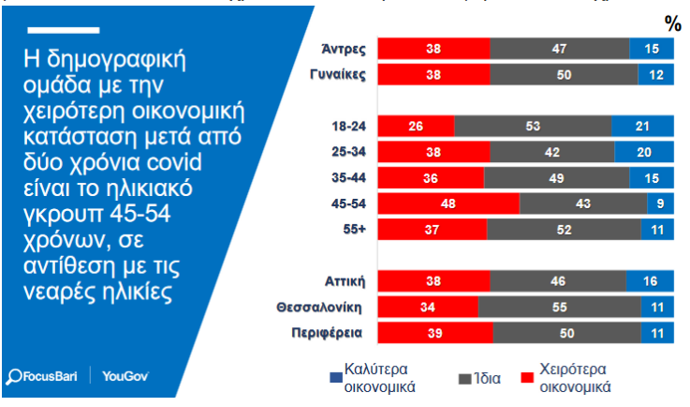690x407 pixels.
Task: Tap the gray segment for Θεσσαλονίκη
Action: click(x=560, y=306)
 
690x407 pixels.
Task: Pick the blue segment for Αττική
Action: click(x=650, y=279)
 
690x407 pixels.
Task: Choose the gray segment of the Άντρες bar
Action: click(x=559, y=48)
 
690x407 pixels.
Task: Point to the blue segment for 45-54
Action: click(x=660, y=203)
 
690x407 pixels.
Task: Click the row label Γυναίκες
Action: click(x=338, y=74)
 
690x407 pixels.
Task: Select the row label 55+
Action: click(x=353, y=228)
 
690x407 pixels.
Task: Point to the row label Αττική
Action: click(x=345, y=279)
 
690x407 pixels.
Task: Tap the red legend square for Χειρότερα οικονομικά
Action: click(x=526, y=378)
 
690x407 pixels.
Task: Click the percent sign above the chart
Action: click(x=672, y=23)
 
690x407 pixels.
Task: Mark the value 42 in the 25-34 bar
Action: click(x=551, y=152)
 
